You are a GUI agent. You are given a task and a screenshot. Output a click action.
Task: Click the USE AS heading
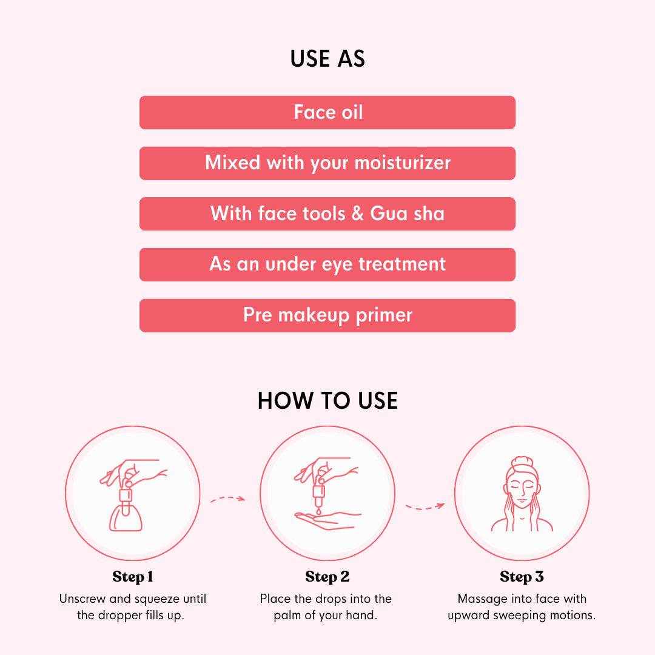(x=327, y=58)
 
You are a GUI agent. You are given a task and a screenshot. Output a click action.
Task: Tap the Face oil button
(x=327, y=112)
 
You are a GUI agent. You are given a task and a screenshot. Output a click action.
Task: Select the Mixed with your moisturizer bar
(x=327, y=163)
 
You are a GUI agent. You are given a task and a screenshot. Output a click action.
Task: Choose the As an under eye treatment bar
(x=327, y=265)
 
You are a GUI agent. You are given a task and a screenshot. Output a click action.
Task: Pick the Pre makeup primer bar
(x=327, y=315)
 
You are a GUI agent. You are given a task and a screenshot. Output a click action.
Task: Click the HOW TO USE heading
(x=327, y=401)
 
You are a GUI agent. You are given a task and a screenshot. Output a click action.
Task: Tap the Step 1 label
(x=133, y=577)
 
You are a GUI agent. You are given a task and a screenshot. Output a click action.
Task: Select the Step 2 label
(x=327, y=577)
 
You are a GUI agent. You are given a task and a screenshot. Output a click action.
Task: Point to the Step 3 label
(x=522, y=577)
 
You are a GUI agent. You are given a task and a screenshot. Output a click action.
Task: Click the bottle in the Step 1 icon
(x=126, y=513)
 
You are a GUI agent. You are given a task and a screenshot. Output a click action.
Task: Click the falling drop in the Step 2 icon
(x=319, y=511)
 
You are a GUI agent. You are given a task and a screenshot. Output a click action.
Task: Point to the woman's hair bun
(x=522, y=462)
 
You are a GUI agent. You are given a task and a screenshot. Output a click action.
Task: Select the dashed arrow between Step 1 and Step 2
(x=227, y=499)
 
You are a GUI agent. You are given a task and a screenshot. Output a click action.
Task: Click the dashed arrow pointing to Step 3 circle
(x=425, y=506)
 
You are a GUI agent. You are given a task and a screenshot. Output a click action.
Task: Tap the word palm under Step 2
(x=286, y=616)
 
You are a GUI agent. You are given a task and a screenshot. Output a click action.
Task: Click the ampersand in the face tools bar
(x=358, y=213)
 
